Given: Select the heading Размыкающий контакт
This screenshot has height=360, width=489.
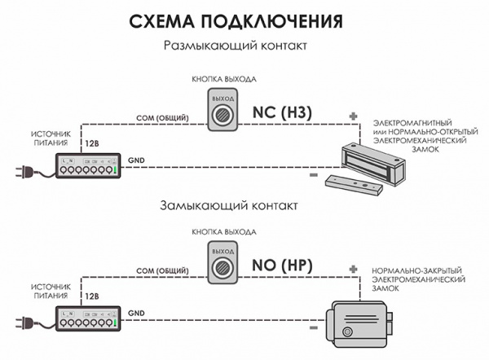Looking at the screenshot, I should coord(236,46).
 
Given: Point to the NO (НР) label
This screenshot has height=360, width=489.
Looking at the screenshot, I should coord(283,266).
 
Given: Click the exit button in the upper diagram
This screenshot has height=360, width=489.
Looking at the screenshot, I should coord(222,112).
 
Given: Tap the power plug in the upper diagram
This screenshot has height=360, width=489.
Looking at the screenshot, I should coord(22,172).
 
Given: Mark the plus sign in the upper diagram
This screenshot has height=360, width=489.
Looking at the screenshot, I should coord(353,116).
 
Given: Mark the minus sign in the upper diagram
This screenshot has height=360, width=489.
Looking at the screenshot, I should coord(314,173).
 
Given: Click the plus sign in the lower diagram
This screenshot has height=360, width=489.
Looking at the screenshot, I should coord(353,267).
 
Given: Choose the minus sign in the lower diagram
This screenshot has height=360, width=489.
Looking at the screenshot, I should coord(314,323).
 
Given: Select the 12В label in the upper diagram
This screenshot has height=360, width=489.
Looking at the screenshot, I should coord(91,144).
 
